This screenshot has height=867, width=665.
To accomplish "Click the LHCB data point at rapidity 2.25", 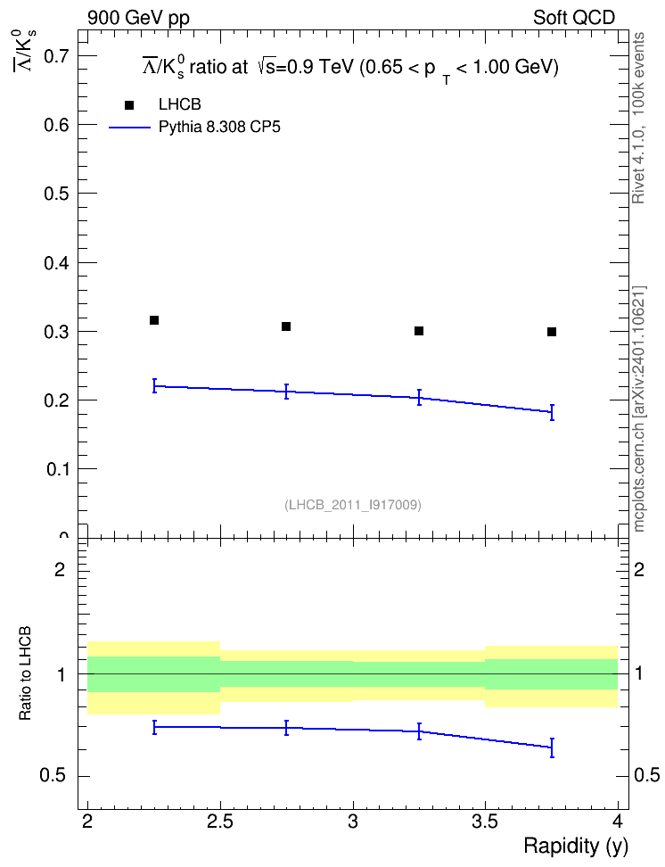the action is tap(154, 320).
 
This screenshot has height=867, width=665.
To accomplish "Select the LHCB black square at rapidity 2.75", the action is tap(286, 326).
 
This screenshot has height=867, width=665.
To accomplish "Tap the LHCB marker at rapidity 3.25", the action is tap(419, 331).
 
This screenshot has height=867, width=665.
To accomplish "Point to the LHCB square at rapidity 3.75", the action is tap(552, 332).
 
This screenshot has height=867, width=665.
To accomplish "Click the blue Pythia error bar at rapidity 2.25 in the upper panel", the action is tap(154, 386).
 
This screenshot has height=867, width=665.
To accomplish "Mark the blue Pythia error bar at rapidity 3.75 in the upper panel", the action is tap(552, 412).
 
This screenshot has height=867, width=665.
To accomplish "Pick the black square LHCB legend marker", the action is tap(129, 105).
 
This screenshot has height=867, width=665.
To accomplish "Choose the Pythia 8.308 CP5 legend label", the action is tap(219, 128).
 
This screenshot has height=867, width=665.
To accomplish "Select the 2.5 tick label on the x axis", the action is tap(220, 822).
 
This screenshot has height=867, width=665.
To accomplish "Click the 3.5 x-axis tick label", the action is tap(485, 822).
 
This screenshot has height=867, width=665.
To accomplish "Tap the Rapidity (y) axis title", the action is tap(576, 846).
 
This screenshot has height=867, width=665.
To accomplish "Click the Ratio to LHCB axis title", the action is tap(25, 673).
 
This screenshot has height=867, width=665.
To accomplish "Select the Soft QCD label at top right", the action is tap(574, 18).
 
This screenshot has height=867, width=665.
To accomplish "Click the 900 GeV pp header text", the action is tap(138, 18).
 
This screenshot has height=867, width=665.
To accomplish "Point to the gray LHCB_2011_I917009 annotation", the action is tap(353, 505).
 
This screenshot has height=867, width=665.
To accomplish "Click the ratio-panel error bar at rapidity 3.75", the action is tap(552, 747).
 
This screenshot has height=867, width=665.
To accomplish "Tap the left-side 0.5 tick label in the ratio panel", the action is tap(53, 776).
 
